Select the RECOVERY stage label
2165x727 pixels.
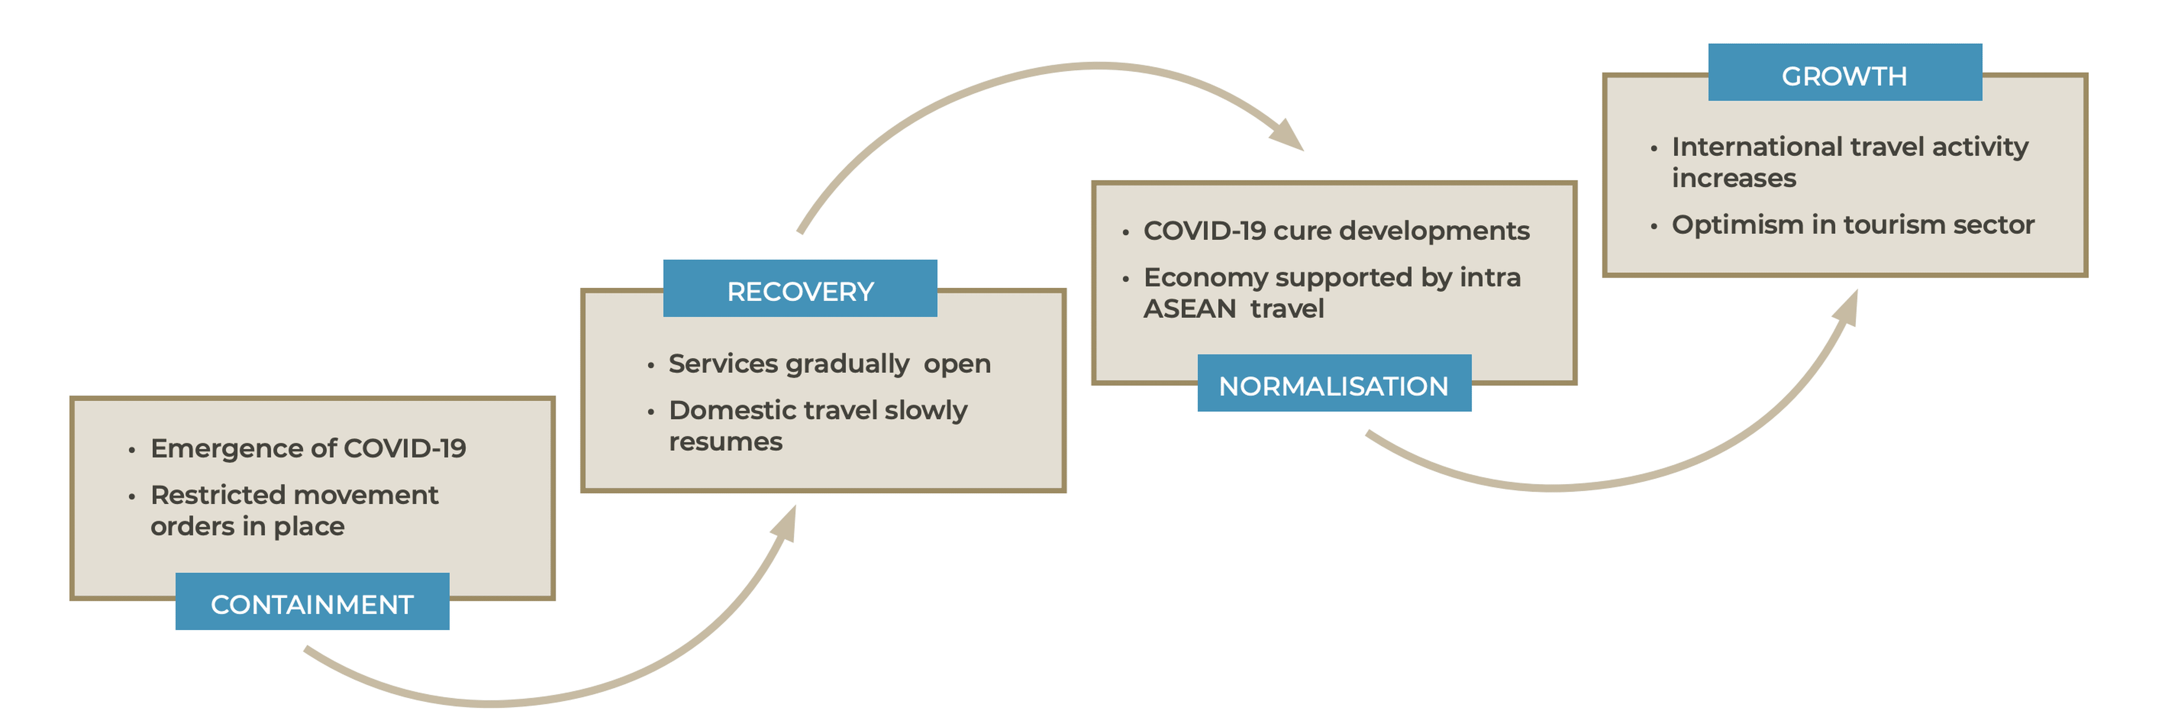pyautogui.click(x=800, y=292)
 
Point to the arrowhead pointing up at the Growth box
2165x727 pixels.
pyautogui.click(x=1846, y=309)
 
